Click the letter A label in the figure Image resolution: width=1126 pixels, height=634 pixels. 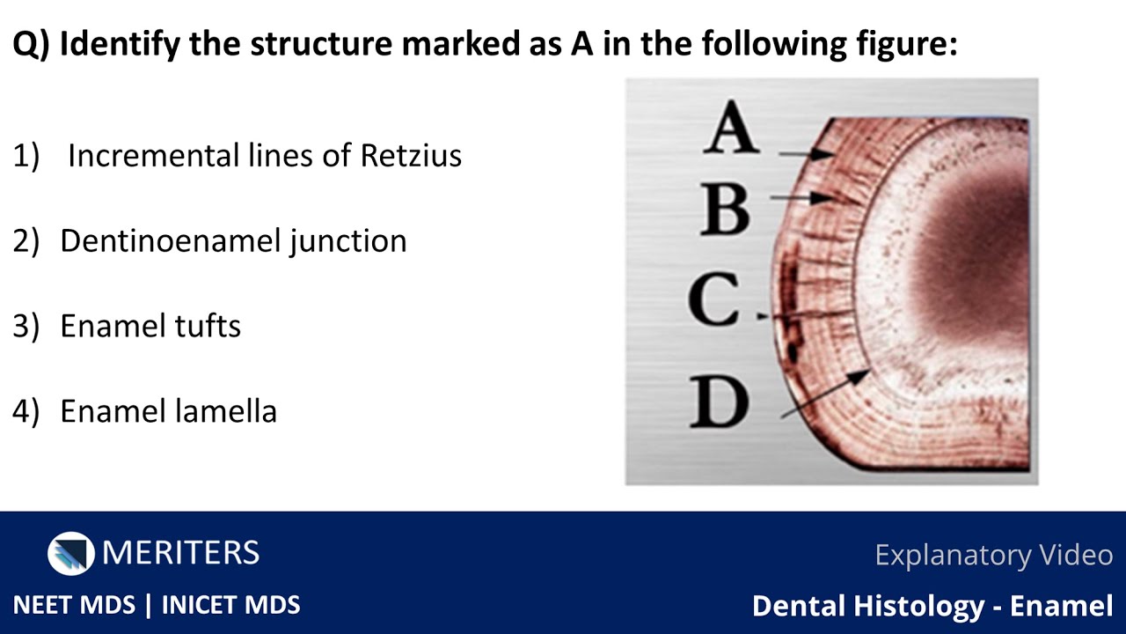click(732, 129)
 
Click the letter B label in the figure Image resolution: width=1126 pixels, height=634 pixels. click(727, 209)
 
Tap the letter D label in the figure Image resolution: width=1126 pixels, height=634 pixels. click(720, 402)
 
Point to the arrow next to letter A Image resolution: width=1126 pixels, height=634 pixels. click(806, 154)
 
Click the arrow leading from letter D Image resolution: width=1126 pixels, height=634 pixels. click(825, 393)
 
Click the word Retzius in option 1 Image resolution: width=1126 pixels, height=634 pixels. click(411, 155)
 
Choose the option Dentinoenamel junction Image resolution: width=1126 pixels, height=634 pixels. click(233, 240)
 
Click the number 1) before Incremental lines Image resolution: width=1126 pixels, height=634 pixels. click(26, 155)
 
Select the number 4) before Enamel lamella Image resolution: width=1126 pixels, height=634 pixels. click(26, 410)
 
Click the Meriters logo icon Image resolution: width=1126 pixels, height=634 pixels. click(70, 553)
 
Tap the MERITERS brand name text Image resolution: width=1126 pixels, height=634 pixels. click(180, 553)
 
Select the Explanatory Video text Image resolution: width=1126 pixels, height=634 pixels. click(993, 555)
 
